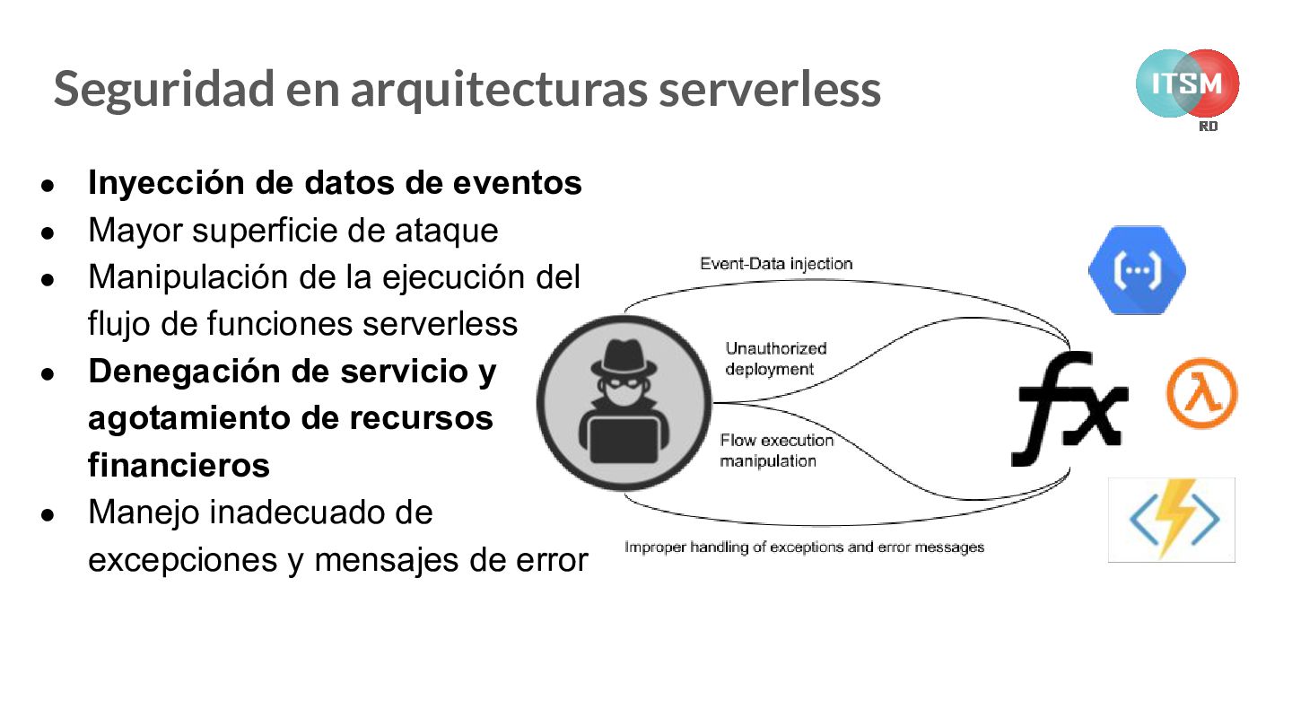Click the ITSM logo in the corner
pyautogui.click(x=1187, y=84)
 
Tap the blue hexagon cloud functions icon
pyautogui.click(x=1137, y=270)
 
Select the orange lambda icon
pyautogui.click(x=1201, y=394)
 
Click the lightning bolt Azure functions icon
pyautogui.click(x=1172, y=520)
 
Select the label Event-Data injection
pyautogui.click(x=776, y=264)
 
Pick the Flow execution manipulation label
pyautogui.click(x=775, y=451)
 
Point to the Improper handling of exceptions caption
pyautogui.click(x=804, y=547)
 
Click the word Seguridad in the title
pyautogui.click(x=163, y=89)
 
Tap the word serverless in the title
pyautogui.click(x=769, y=89)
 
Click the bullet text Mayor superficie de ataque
pyautogui.click(x=292, y=231)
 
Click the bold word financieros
pyautogui.click(x=179, y=465)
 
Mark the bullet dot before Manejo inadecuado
pyautogui.click(x=48, y=516)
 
